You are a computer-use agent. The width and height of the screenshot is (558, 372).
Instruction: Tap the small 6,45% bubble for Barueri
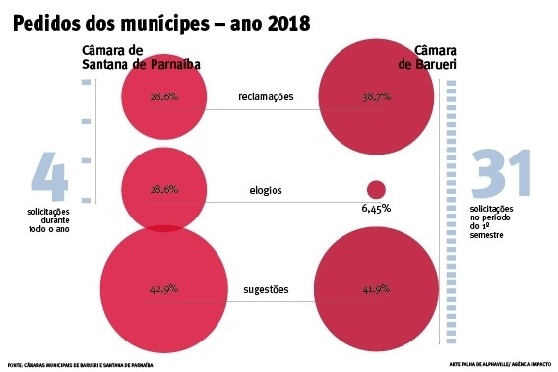coord(375,189)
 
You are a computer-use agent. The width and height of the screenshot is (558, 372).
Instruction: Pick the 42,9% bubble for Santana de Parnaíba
coord(164,290)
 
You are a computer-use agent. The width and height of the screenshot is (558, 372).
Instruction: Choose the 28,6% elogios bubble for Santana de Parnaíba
coord(164,188)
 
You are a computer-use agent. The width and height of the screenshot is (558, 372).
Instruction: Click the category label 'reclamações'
coord(266,96)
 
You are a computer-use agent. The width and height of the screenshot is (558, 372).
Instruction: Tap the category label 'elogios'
coord(266,190)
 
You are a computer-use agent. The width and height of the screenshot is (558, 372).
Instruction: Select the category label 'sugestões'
coord(266,290)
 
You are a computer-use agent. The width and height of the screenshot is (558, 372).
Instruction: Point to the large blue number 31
coord(501,174)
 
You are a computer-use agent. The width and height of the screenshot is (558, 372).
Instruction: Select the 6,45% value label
coord(376,209)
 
